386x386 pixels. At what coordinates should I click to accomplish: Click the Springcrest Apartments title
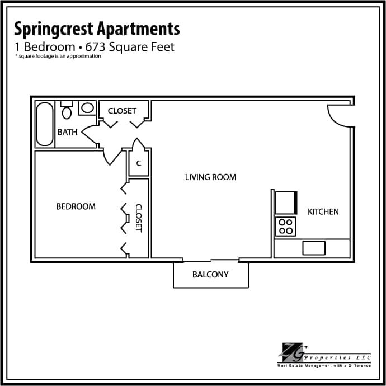(97, 29)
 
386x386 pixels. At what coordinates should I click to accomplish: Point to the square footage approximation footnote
(58, 56)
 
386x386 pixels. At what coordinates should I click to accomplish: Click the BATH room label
(68, 133)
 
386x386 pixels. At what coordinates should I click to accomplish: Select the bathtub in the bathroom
(45, 124)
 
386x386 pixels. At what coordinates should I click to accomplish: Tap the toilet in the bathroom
(67, 111)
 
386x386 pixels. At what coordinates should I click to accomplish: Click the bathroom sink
(87, 107)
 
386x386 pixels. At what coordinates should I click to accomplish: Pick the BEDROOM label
(76, 206)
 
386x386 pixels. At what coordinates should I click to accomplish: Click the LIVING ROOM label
(210, 177)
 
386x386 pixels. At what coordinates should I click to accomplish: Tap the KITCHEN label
(323, 212)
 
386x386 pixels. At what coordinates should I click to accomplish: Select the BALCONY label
(210, 275)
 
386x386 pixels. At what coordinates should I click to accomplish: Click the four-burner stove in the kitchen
(286, 226)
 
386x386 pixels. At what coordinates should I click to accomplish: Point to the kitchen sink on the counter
(314, 247)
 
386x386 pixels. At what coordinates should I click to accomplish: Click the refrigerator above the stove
(286, 203)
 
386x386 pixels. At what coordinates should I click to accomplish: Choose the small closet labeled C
(138, 164)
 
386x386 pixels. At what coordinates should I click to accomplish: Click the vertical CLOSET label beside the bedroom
(139, 218)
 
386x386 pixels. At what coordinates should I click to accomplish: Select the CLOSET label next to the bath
(122, 111)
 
